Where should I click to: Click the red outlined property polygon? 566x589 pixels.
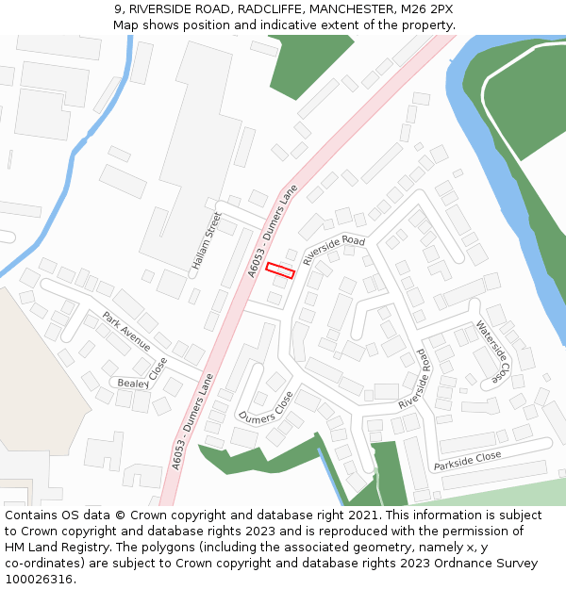click(280, 270)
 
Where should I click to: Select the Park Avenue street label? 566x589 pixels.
click(126, 331)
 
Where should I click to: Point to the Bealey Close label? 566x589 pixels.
click(141, 374)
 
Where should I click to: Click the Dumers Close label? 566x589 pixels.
click(265, 405)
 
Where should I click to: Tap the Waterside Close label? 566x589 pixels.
click(493, 352)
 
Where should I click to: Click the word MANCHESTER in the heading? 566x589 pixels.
click(373, 8)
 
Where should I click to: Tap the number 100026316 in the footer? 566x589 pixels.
click(39, 580)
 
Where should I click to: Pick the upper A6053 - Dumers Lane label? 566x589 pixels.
click(272, 231)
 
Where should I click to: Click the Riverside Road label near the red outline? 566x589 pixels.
click(333, 250)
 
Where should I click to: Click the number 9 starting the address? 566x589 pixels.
click(118, 8)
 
